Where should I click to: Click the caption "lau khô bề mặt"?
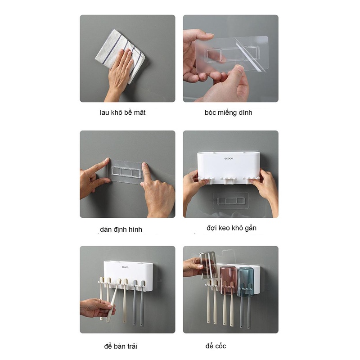122,112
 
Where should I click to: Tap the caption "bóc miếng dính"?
229,112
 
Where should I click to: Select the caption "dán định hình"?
121,229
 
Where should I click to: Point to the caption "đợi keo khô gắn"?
231,228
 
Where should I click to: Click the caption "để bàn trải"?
121,346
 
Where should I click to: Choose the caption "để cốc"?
216,346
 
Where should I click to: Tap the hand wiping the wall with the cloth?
120,73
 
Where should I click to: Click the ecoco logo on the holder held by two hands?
229,158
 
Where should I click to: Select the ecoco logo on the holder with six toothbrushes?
125,267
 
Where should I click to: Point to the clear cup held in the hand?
208,265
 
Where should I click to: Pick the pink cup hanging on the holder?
228,280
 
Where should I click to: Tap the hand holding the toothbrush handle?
97,308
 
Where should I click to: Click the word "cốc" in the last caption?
220,346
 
